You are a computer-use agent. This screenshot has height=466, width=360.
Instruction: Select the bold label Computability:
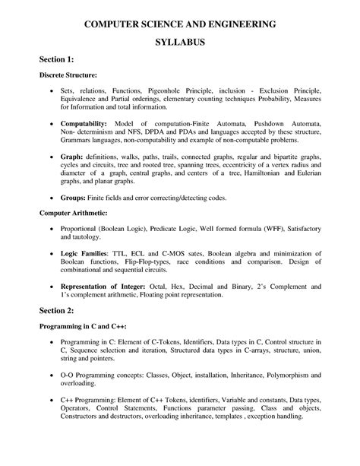(x=84, y=123)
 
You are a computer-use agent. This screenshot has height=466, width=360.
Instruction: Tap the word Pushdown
(x=262, y=123)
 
